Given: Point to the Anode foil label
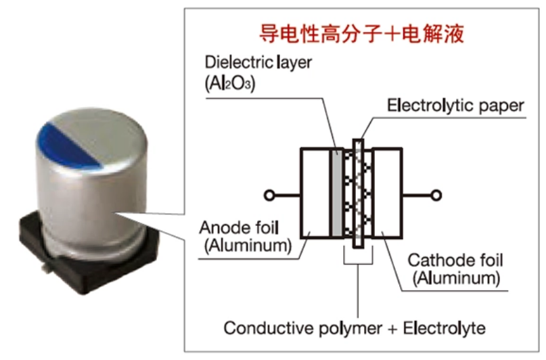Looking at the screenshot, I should [x=240, y=228].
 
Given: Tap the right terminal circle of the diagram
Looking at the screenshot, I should [x=437, y=196].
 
